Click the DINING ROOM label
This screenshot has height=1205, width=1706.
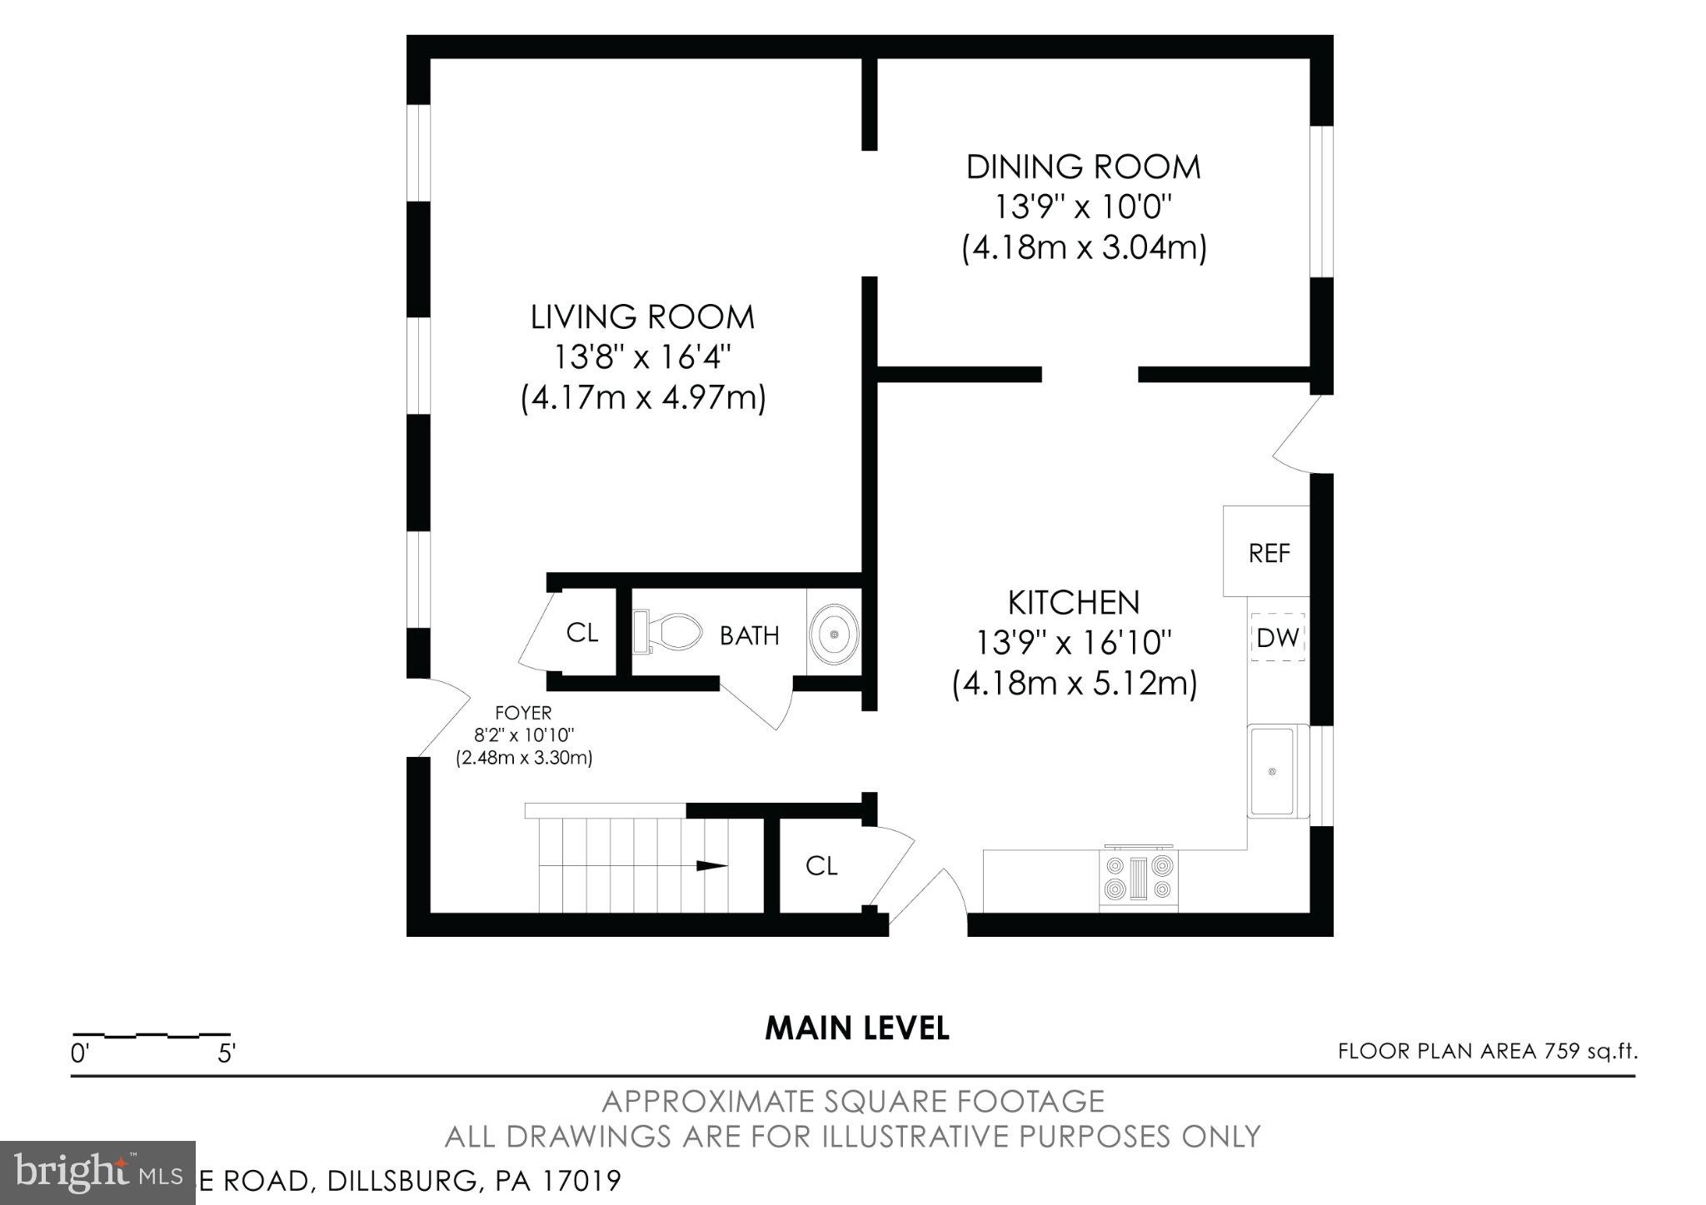pos(1083,167)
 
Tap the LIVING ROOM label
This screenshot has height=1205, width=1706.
pos(642,317)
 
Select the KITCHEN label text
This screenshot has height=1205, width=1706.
pos(1073,603)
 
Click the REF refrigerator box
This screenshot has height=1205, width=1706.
pos(1267,552)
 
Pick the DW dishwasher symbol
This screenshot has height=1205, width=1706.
pos(1277,638)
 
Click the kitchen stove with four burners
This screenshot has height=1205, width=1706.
pos(1139,879)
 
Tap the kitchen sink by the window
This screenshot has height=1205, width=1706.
pos(1271,771)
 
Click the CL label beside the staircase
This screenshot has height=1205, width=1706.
pos(821,866)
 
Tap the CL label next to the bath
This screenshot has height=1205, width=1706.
pos(581,633)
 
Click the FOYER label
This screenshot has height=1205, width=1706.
pos(523,713)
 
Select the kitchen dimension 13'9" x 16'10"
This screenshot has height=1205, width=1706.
pos(1074,643)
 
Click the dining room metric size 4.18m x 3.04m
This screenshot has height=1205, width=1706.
pos(1084,247)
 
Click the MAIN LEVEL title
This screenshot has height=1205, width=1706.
pos(856,1028)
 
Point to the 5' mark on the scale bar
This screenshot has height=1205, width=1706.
pos(226,1054)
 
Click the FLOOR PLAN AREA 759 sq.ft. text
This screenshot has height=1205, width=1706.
pos(1487,1051)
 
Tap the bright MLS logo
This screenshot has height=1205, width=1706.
pos(97,1173)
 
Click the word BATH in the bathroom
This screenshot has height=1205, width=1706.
pos(749,636)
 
